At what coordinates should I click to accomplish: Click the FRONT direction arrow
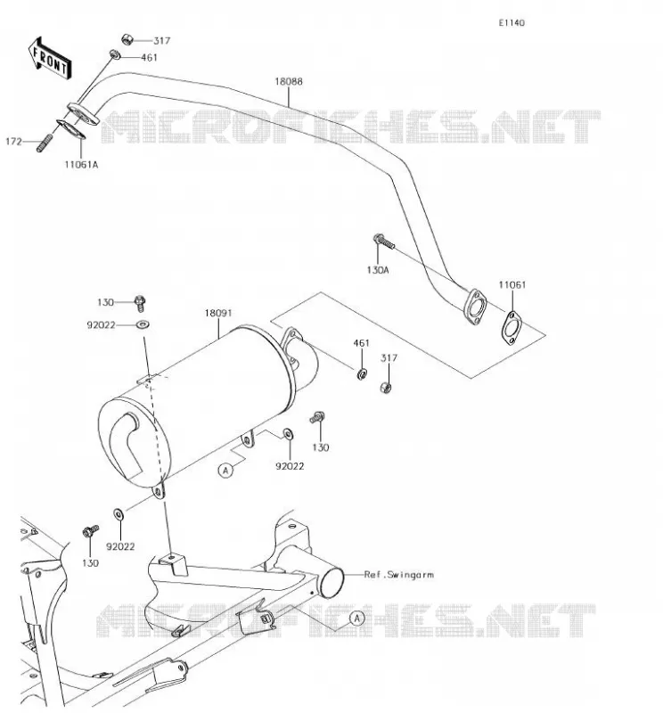(x=50, y=59)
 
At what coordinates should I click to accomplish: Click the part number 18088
(x=289, y=81)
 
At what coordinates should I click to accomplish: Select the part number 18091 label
(x=217, y=313)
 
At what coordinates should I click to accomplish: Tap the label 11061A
(x=81, y=165)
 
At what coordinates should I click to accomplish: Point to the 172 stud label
(x=13, y=142)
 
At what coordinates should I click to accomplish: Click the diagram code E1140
(x=512, y=23)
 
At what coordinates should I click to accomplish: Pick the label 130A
(x=378, y=270)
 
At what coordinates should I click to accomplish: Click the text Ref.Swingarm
(x=399, y=575)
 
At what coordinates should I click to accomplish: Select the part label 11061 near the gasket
(x=512, y=284)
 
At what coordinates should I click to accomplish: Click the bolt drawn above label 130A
(x=384, y=242)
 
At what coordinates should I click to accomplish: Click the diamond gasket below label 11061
(x=512, y=328)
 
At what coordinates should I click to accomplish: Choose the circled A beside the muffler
(x=225, y=471)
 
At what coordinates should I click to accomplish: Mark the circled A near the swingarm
(x=357, y=619)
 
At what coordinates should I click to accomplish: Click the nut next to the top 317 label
(x=127, y=40)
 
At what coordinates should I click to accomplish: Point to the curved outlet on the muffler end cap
(x=126, y=442)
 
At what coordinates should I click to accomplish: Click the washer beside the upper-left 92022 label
(x=143, y=324)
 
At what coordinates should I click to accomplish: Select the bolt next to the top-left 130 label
(x=140, y=302)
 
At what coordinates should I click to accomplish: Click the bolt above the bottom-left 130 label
(x=91, y=530)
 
